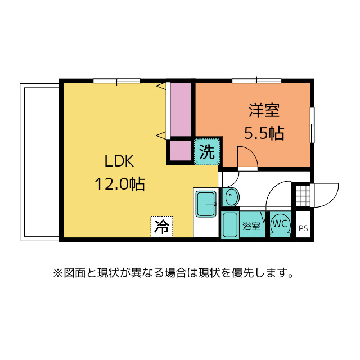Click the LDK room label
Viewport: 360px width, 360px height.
119,161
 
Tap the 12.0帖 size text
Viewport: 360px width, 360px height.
119,184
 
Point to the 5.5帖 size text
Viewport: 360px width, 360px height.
264,133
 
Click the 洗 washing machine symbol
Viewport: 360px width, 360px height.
207,152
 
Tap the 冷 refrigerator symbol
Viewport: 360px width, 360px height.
162,227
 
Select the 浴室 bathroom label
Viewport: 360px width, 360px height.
251,227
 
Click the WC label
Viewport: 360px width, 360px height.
280,223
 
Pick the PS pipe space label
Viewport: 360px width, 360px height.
303,228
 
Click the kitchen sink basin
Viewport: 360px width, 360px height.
207,203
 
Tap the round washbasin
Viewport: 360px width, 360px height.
231,197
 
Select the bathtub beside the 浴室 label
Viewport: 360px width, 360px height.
229,225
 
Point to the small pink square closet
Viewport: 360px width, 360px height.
180,151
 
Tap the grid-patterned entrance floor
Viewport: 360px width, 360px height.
301,196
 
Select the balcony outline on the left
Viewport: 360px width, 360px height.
39,162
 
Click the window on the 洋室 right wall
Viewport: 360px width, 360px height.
312,124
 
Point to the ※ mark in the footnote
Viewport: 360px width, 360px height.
57,274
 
